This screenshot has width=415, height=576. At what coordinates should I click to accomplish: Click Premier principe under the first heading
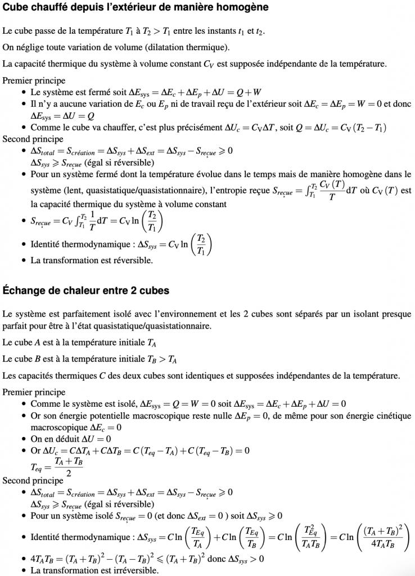[x=34, y=80]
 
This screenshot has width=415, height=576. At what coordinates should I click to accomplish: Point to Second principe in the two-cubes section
[x=33, y=480]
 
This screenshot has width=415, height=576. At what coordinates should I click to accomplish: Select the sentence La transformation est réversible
[x=92, y=260]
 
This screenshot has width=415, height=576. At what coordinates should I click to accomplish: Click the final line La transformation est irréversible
[x=94, y=570]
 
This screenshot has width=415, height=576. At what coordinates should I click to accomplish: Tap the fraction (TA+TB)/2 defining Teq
[x=69, y=467]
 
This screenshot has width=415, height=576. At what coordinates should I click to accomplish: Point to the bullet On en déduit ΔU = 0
[x=71, y=439]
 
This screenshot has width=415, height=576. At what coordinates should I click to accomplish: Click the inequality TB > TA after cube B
[x=167, y=359]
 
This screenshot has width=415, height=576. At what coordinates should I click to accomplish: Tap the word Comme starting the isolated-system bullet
[x=44, y=404]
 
